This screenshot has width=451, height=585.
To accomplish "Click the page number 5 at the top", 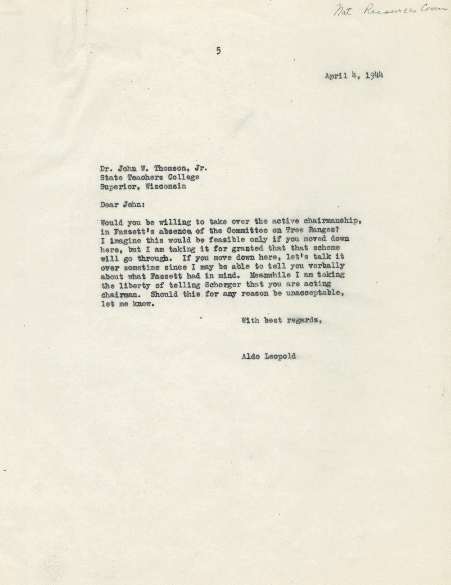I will coord(219,51).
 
